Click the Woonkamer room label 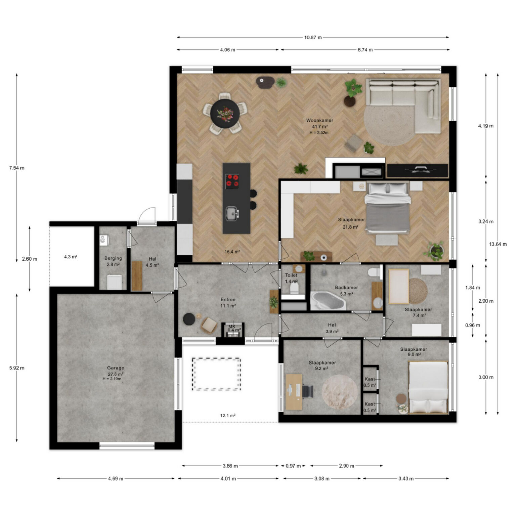coord(319,120)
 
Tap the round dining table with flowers coord(225,114)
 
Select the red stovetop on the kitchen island coord(232,180)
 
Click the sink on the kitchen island coord(232,214)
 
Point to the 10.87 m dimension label coord(313,37)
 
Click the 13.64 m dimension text coord(498,244)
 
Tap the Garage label coord(116,368)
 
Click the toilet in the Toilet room coord(294,288)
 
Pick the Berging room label coord(113,258)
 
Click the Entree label coord(228,299)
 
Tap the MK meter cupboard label coord(232,326)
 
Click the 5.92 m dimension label coord(17,368)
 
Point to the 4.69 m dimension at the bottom coord(116,479)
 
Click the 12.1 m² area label coord(228,416)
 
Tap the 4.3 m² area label coord(71,257)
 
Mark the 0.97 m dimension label coord(293,466)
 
